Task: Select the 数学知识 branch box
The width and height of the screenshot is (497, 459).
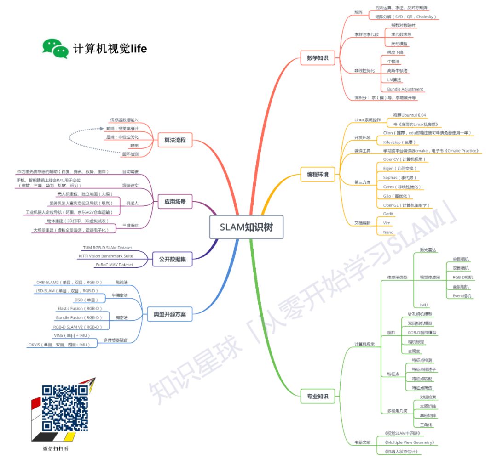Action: [x=318, y=58]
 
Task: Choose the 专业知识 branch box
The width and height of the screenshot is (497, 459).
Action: [x=318, y=396]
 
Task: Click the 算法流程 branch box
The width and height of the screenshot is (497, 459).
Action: [x=175, y=140]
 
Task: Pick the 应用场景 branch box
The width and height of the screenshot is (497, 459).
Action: [x=175, y=201]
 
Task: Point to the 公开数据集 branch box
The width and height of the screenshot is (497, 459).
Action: [x=172, y=258]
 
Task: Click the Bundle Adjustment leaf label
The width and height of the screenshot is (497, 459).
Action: [x=405, y=89]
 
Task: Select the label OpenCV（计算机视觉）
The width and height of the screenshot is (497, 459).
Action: [x=405, y=159]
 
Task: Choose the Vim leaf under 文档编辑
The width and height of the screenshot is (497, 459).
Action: [x=387, y=223]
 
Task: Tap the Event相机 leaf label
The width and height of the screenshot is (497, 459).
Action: [x=462, y=296]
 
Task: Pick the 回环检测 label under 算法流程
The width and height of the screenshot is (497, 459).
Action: [x=130, y=154]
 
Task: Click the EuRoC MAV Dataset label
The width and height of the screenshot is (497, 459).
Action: [x=114, y=265]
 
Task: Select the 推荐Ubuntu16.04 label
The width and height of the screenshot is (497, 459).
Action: [x=409, y=115]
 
